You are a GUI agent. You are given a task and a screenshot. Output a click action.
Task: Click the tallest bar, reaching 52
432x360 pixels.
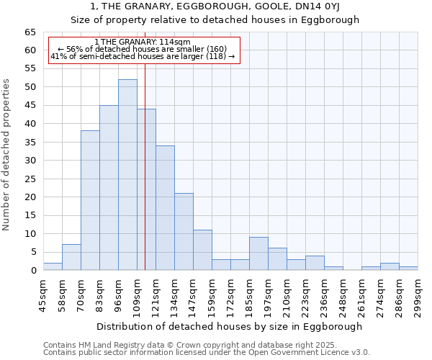tap(127, 175)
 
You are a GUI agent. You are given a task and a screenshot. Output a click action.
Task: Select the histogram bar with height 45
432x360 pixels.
tap(109, 188)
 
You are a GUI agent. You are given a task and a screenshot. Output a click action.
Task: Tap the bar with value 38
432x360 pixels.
tap(90, 201)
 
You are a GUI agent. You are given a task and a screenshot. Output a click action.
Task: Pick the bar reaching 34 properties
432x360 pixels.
tap(165, 208)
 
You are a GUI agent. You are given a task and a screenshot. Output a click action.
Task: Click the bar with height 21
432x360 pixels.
tap(184, 232)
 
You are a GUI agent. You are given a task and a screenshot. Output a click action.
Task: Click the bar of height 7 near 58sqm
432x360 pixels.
tap(71, 258)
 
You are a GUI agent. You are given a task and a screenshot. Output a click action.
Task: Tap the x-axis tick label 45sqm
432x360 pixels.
tap(44, 294)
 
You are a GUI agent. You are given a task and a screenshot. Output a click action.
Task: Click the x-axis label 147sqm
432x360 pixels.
tap(194, 294)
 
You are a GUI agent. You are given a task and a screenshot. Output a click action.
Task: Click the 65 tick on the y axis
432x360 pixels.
tap(30, 32)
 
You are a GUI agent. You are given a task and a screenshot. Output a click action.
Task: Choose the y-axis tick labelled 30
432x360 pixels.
tap(30, 161)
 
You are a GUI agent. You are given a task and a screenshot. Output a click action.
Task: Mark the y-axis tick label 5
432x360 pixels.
tap(33, 252)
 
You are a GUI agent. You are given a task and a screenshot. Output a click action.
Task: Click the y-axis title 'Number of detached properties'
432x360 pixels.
tap(6, 155)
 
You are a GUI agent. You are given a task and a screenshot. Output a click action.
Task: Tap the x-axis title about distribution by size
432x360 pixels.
tap(229, 326)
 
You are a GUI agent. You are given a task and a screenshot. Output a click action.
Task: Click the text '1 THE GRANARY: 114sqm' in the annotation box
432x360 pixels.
tap(143, 42)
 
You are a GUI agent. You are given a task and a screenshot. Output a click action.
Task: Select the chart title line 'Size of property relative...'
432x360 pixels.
tap(215, 19)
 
